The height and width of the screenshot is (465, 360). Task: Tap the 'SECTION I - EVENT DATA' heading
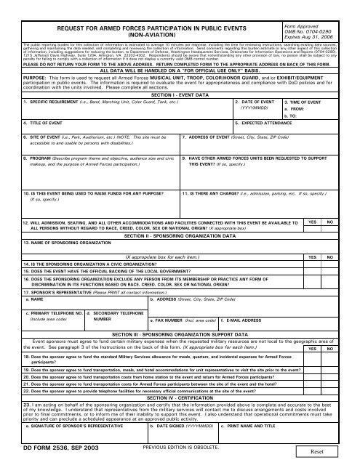(x=179, y=94)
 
